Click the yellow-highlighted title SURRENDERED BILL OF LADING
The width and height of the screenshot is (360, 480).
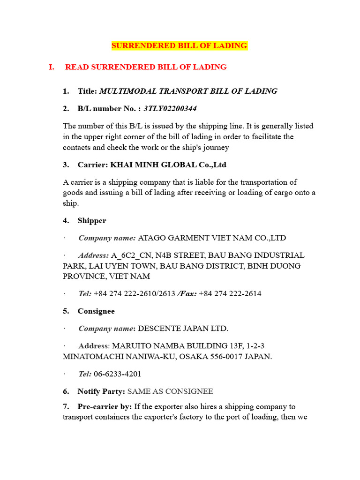(179, 45)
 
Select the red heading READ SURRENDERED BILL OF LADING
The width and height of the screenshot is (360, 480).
(146, 67)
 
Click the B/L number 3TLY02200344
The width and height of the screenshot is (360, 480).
(170, 109)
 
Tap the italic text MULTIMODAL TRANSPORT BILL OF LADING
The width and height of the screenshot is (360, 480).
(188, 91)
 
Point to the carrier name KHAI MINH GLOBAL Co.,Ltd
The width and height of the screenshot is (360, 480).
(168, 165)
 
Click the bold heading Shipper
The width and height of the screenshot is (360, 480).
(92, 220)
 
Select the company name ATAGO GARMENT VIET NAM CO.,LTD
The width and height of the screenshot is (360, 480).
(212, 238)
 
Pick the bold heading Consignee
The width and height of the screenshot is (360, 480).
(96, 311)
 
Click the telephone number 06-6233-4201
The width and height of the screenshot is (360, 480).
(118, 374)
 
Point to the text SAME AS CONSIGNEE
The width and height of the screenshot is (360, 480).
(170, 391)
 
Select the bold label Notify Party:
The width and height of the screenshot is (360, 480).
(101, 391)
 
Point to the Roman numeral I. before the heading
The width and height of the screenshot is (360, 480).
(52, 67)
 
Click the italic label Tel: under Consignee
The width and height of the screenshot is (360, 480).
(85, 374)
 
